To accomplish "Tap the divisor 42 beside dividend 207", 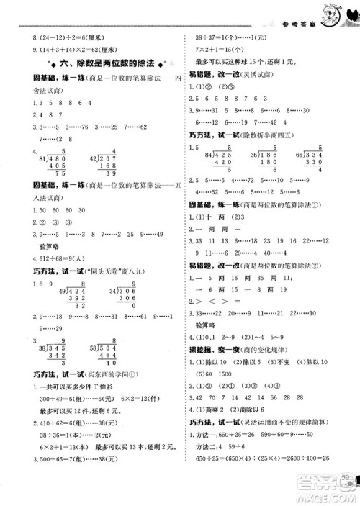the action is tap(95, 157).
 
